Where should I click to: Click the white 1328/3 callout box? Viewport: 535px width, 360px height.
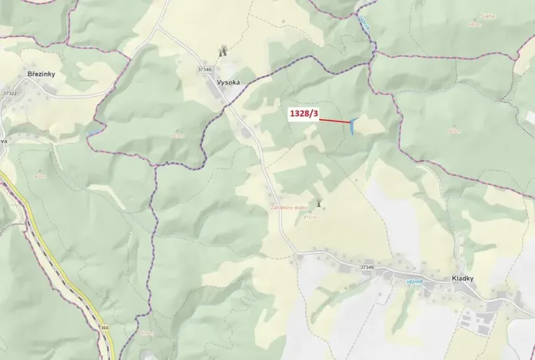point(304,114)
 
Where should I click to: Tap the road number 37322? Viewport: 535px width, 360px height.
point(9,93)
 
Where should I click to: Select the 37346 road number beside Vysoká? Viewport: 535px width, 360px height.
point(204,70)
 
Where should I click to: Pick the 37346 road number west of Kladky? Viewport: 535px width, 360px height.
point(367,267)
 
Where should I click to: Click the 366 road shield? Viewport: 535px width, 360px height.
point(104,328)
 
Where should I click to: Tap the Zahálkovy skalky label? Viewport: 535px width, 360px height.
point(288,208)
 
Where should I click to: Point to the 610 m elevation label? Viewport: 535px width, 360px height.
point(309,217)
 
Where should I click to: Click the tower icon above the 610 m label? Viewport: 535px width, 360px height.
point(318,203)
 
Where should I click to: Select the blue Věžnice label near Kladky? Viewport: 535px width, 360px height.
point(415,282)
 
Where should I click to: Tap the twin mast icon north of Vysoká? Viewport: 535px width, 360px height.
point(224,51)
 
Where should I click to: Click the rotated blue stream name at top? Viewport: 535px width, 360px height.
point(364,23)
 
